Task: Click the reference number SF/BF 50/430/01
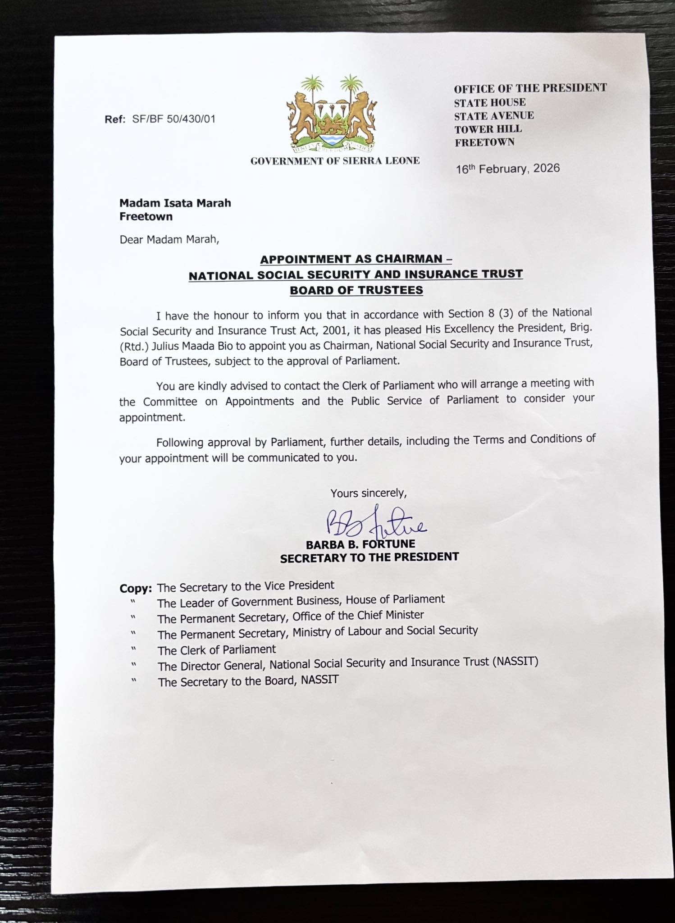[173, 119]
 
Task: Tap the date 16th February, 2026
[507, 169]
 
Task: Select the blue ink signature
[375, 523]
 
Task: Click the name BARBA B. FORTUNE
[360, 544]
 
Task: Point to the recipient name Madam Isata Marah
[175, 203]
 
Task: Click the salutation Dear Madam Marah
[169, 239]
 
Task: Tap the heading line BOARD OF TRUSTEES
[356, 290]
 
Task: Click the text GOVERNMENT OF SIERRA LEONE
[335, 161]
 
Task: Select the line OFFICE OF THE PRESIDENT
[530, 88]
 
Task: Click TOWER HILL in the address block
[488, 129]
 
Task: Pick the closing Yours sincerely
[369, 493]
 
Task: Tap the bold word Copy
[135, 589]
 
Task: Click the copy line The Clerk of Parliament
[216, 650]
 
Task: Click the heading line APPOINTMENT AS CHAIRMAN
[356, 259]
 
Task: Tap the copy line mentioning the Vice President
[246, 586]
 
